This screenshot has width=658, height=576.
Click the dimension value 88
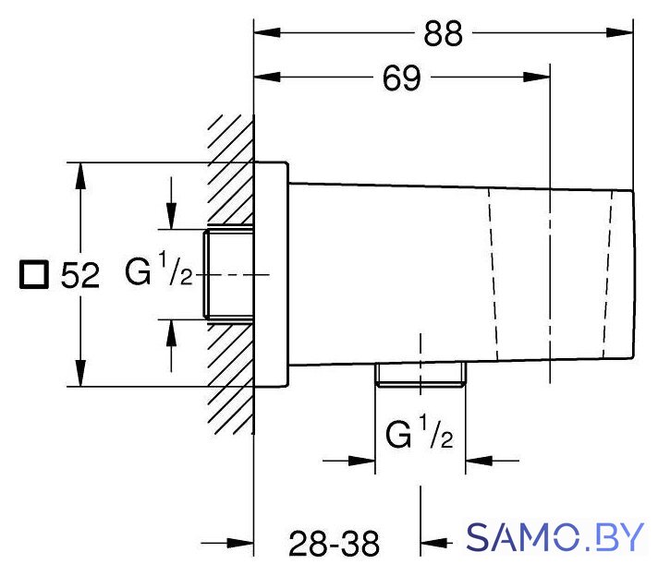tap(443, 33)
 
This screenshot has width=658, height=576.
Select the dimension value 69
tap(401, 78)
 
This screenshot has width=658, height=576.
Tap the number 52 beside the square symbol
tap(80, 275)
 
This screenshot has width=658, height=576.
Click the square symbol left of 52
tap(34, 274)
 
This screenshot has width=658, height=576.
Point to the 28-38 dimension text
tap(334, 544)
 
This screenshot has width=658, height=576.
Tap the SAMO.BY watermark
tap(554, 537)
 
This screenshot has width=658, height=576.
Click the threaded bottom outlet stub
tap(420, 374)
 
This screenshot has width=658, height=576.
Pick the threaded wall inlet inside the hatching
tap(228, 274)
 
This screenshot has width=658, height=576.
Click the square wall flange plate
tap(271, 274)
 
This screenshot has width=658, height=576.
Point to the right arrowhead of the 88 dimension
tap(619, 32)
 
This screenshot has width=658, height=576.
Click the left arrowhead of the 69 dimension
tap(267, 78)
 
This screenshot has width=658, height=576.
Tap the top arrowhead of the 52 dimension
tap(80, 175)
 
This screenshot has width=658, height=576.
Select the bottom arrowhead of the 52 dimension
tap(80, 373)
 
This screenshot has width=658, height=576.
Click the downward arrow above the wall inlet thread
tap(171, 203)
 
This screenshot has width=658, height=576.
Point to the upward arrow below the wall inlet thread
tap(171, 345)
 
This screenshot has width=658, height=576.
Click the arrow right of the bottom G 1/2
tap(493, 461)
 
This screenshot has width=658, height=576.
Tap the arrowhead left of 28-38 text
tap(240, 544)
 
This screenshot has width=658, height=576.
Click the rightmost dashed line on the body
tap(608, 275)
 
